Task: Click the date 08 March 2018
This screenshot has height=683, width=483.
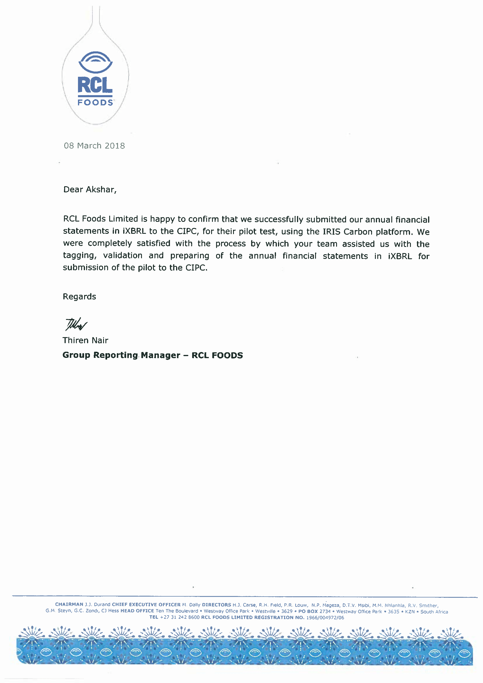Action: [x=94, y=146]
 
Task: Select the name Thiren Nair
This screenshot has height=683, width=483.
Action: [x=85, y=340]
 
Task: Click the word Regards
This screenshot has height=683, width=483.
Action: [x=79, y=297]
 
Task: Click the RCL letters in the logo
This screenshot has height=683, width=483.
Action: [x=95, y=85]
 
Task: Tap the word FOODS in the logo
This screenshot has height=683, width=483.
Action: [x=95, y=103]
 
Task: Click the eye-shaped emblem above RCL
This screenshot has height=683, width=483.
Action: [x=95, y=62]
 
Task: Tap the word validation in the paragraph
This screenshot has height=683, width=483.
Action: [x=123, y=255]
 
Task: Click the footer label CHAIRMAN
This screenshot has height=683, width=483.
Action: [x=69, y=604]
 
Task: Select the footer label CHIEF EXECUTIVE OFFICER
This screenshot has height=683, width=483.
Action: [x=146, y=604]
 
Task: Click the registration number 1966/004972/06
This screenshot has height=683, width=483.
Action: [x=325, y=618]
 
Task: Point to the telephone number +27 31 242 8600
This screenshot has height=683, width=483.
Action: [x=180, y=617]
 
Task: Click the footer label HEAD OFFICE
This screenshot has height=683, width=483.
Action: [x=137, y=611]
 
